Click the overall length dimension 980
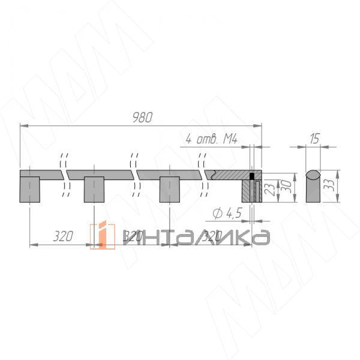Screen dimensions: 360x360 click(142, 116)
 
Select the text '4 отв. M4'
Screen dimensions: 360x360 click(210, 139)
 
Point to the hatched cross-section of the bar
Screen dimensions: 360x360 click(231, 175)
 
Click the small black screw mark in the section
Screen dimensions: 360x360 click(253, 176)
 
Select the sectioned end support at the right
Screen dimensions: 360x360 click(251, 191)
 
